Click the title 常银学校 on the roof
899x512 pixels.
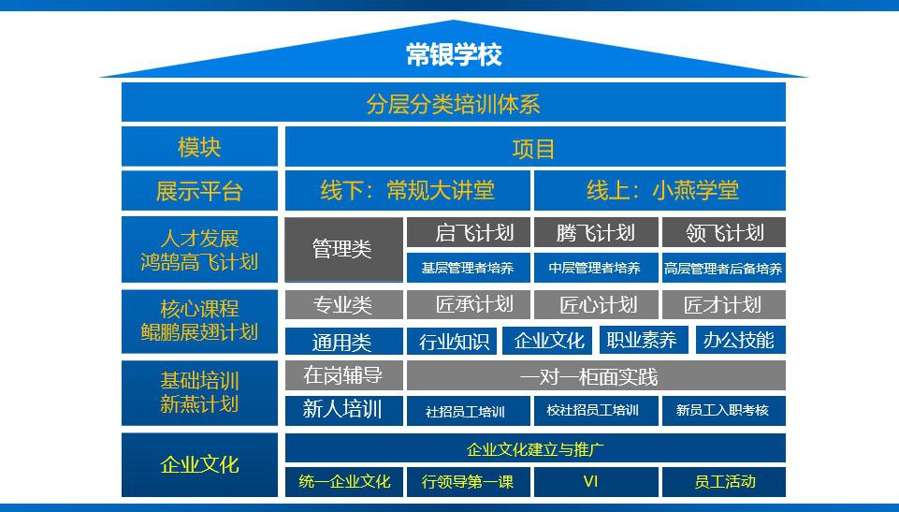454,54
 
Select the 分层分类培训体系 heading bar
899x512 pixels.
454,103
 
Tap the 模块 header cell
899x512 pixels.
199,147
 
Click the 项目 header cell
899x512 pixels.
534,148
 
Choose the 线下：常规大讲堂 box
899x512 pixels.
408,191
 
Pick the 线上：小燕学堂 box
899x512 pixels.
661,191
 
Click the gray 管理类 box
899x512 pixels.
343,249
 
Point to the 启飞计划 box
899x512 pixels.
469,232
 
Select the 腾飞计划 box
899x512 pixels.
595,232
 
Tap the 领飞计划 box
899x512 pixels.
723,232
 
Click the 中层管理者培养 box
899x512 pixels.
595,268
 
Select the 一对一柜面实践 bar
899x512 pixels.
595,376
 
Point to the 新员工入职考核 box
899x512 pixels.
723,410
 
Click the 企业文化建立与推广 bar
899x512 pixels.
534,448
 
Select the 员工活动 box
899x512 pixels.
723,482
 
